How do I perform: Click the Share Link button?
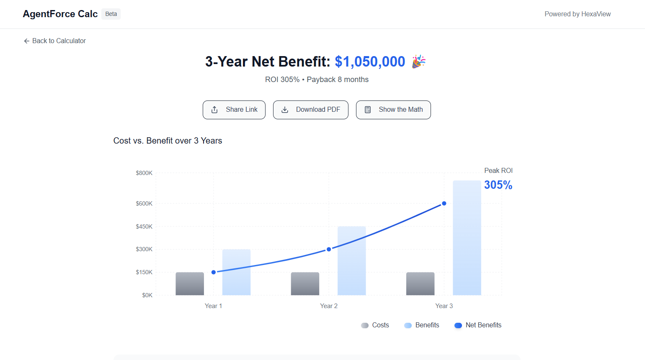pyautogui.click(x=234, y=110)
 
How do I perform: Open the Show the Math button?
pyautogui.click(x=393, y=110)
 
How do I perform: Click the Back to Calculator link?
pyautogui.click(x=55, y=41)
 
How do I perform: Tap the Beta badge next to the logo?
pyautogui.click(x=111, y=14)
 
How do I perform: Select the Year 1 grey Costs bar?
pyautogui.click(x=190, y=284)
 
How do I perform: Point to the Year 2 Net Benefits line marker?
pyautogui.click(x=329, y=249)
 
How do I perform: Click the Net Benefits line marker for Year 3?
pyautogui.click(x=444, y=203)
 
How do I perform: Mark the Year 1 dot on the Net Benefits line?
pyautogui.click(x=214, y=272)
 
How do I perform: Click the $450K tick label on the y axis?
pyautogui.click(x=144, y=226)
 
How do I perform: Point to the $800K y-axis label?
pyautogui.click(x=144, y=173)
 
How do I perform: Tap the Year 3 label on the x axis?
pyautogui.click(x=444, y=306)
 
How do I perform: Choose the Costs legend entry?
pyautogui.click(x=375, y=325)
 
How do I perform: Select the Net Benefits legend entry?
pyautogui.click(x=478, y=325)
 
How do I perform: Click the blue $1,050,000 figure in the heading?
pyautogui.click(x=370, y=62)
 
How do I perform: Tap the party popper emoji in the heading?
pyautogui.click(x=418, y=62)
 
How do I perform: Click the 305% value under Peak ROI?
pyautogui.click(x=498, y=185)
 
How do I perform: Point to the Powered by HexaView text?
pyautogui.click(x=578, y=14)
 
